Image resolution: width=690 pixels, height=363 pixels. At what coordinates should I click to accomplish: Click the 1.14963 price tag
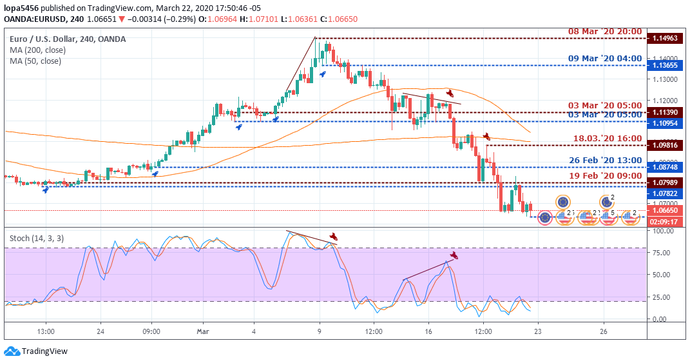[x=664, y=39]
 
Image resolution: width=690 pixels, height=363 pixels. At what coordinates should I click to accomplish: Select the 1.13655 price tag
[x=664, y=65]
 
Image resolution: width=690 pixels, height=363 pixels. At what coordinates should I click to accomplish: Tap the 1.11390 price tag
[x=664, y=112]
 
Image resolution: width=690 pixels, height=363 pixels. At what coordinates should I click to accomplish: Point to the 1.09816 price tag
[x=664, y=145]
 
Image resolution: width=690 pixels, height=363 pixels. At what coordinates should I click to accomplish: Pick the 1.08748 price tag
[x=664, y=167]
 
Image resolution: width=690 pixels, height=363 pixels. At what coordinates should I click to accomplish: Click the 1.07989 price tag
[x=664, y=182]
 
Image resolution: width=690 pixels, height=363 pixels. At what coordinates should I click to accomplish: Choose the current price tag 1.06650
[x=664, y=211]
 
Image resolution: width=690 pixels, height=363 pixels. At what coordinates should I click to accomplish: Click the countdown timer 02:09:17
[x=664, y=221]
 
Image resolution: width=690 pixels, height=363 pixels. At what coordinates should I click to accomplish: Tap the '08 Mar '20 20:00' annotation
[x=604, y=31]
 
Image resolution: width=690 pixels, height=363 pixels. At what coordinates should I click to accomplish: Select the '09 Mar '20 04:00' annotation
[x=604, y=58]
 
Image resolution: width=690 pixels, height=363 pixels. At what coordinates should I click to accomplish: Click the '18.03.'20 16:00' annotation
[x=608, y=138]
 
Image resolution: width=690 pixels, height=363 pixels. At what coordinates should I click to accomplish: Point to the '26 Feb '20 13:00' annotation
[x=604, y=160]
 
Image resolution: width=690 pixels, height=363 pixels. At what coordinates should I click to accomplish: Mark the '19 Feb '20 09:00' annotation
[x=604, y=175]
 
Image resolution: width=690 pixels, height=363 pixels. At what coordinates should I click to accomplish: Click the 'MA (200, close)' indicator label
[x=37, y=50]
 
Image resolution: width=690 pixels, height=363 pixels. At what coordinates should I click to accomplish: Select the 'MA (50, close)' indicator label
[x=35, y=61]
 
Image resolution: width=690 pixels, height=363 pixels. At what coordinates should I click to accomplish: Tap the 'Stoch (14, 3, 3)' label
[x=37, y=238]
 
